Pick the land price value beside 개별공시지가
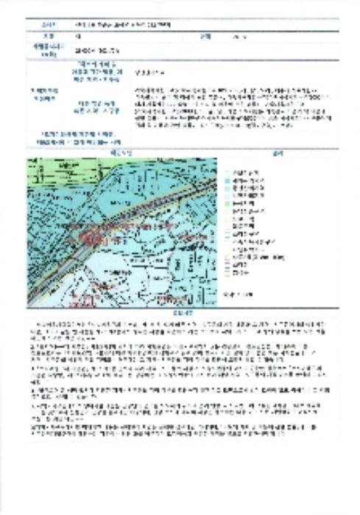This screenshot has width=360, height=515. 103,51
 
